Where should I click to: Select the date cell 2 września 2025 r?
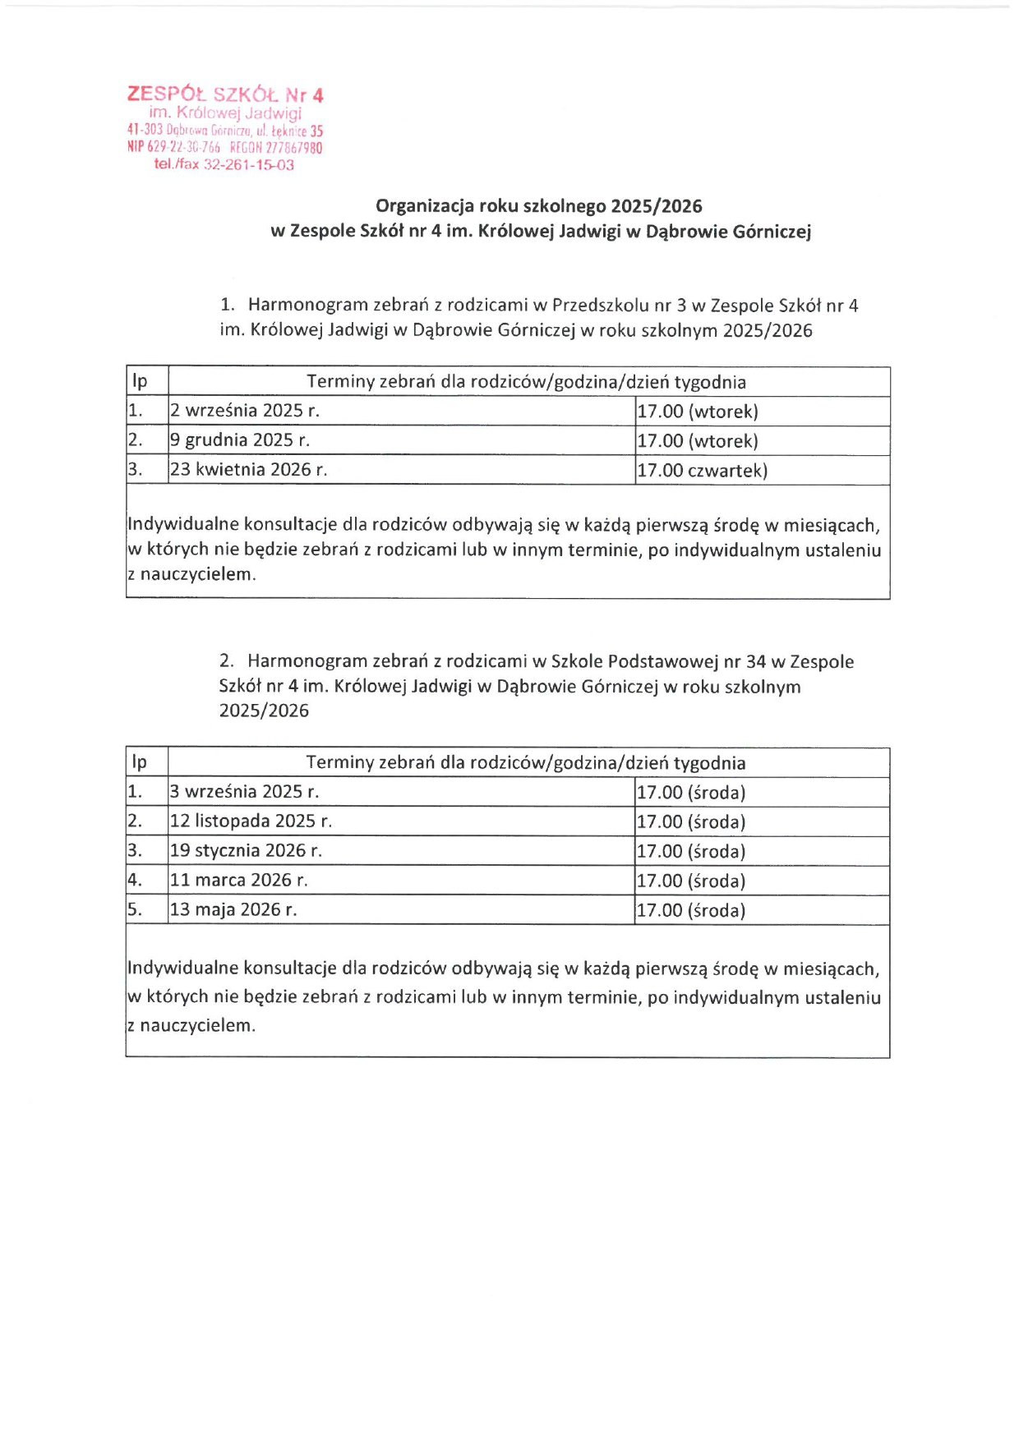pos(244,411)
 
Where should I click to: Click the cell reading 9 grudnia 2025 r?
pos(239,440)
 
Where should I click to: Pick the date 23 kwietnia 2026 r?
pos(248,470)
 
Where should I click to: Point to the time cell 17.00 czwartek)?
pos(702,471)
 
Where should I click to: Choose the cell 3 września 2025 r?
pos(244,792)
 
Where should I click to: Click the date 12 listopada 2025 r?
pos(251,821)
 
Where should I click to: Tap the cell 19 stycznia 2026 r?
pos(246,851)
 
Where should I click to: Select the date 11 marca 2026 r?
pos(238,881)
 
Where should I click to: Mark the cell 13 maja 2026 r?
pos(233,910)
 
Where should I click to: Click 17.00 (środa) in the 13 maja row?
pos(691,910)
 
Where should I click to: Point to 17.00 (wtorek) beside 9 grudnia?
pos(697,441)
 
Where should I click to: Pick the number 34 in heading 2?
pos(755,662)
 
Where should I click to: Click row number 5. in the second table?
pos(135,910)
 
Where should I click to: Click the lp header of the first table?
pos(140,382)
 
